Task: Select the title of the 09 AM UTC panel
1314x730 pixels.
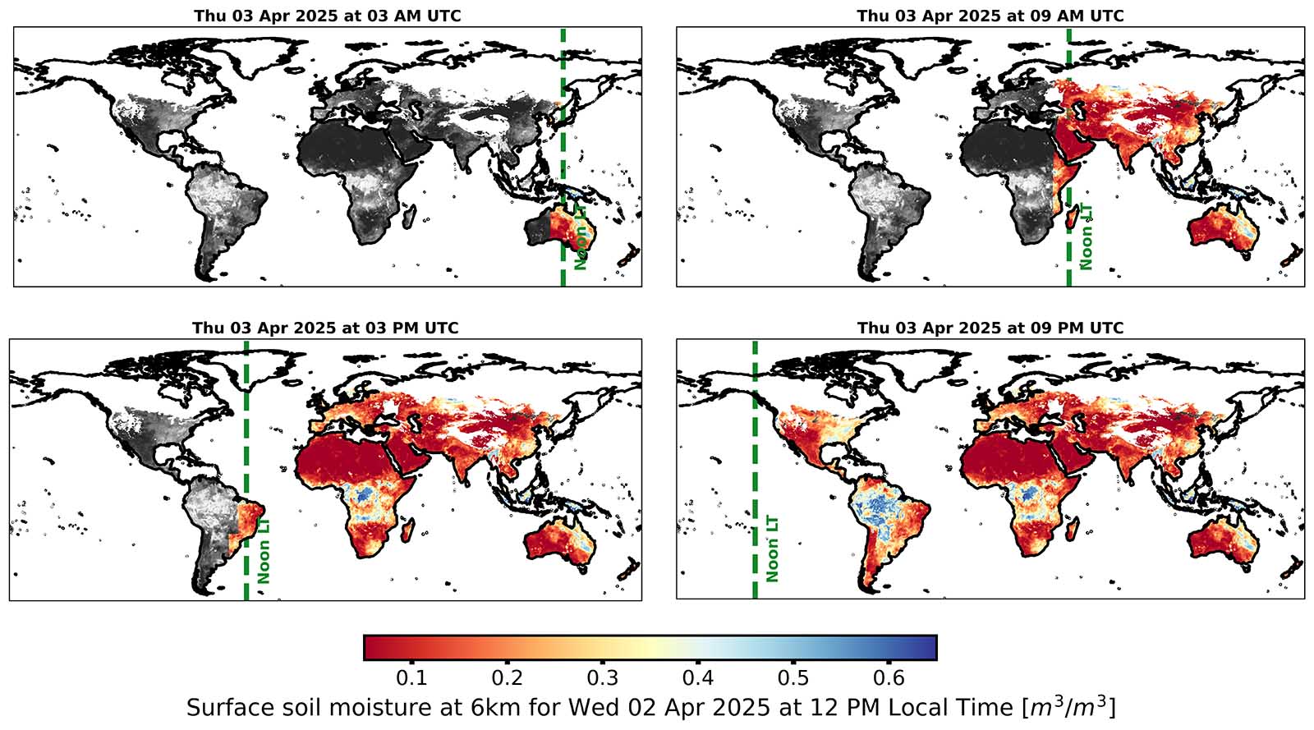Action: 990,16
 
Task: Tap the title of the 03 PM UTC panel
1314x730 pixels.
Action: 325,328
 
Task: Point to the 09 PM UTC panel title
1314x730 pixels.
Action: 990,328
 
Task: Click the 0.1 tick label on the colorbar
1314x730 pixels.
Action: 411,678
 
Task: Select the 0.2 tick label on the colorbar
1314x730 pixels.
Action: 507,678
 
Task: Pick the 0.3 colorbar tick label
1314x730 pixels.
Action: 602,678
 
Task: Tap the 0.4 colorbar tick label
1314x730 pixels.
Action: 697,678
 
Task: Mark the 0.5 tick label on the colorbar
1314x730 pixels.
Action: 793,678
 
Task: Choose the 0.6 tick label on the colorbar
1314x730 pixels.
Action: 889,678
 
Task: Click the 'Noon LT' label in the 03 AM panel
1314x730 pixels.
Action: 581,238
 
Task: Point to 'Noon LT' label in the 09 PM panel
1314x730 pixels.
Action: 772,549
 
